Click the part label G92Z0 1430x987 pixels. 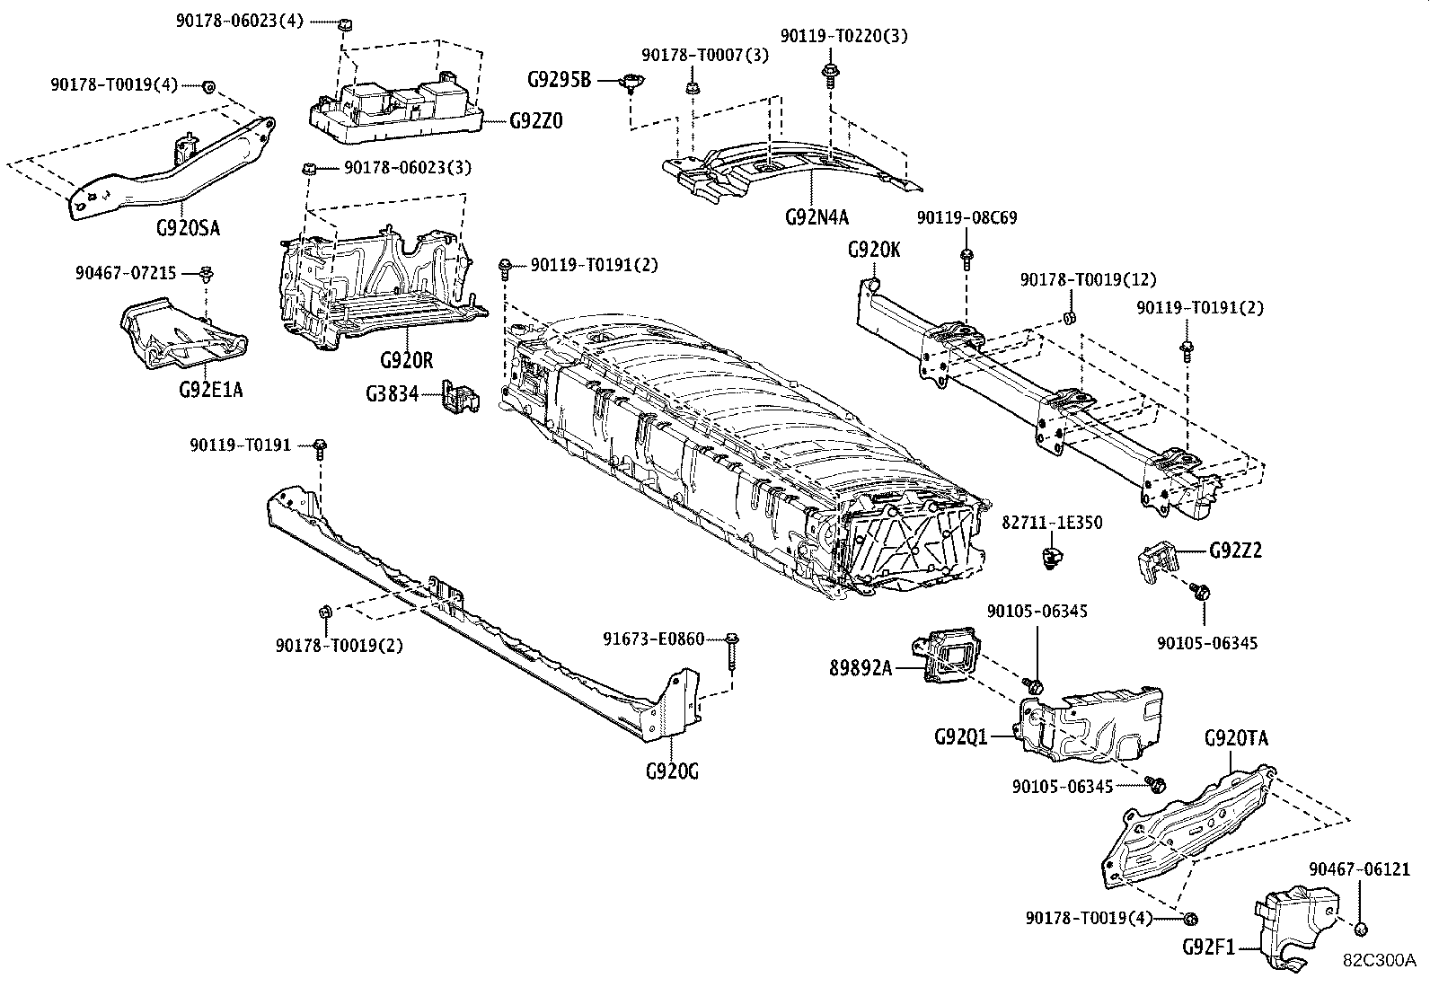click(536, 121)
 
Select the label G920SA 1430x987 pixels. click(187, 227)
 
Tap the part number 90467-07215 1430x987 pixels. click(126, 272)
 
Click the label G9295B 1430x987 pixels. click(559, 80)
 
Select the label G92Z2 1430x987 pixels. click(1235, 550)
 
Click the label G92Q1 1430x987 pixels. click(960, 736)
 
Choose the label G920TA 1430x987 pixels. click(1236, 739)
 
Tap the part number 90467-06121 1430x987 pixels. click(1359, 869)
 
